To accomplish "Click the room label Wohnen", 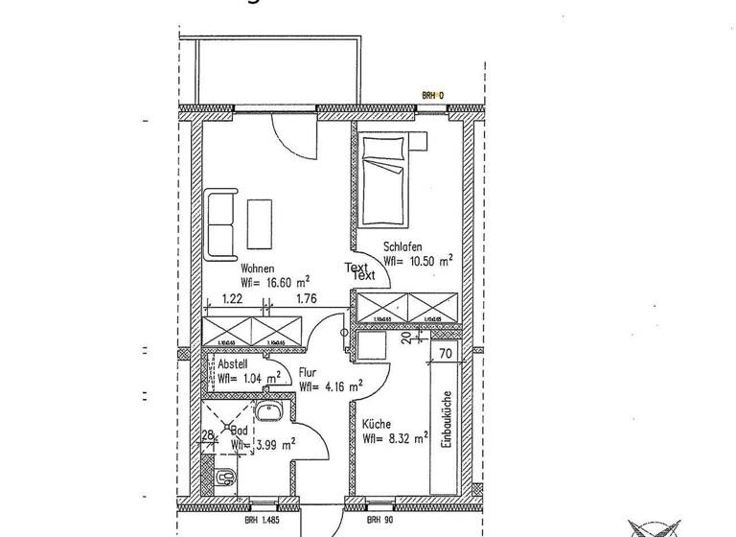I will (x=258, y=268).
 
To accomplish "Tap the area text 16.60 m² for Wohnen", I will (x=275, y=283).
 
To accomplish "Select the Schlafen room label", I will (x=403, y=245).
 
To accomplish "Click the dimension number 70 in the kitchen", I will (x=444, y=353).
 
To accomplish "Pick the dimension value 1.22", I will (x=231, y=299).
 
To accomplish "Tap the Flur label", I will (x=308, y=373).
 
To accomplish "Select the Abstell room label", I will (x=233, y=363).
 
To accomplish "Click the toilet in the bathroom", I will (x=225, y=476).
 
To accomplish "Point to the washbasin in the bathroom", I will (x=267, y=414).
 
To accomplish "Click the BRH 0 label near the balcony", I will (x=433, y=95).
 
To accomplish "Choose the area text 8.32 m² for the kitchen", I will (x=393, y=439).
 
